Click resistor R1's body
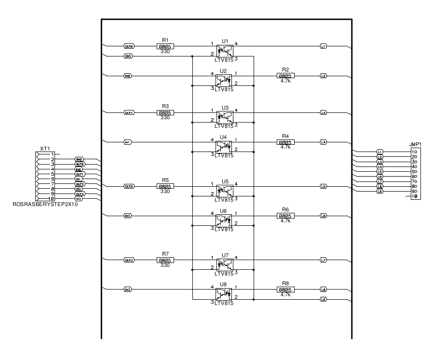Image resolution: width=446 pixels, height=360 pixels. tap(165, 46)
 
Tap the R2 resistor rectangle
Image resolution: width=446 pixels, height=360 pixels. tap(285, 76)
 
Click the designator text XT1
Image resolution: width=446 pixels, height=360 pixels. tap(45, 149)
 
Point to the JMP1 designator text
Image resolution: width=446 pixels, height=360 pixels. tap(415, 144)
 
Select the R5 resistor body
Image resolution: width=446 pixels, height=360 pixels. tap(165, 186)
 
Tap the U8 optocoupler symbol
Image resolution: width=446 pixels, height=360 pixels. tap(224, 292)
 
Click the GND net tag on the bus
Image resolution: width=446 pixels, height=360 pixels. tap(128, 56)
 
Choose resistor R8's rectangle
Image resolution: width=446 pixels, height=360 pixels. tap(285, 289)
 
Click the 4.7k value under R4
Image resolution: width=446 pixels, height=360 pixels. tap(285, 147)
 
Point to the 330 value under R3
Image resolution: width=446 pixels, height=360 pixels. tap(165, 117)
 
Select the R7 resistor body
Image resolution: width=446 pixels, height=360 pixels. tap(165, 260)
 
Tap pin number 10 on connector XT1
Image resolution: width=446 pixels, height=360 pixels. tap(51, 199)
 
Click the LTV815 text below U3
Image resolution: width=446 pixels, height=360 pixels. tap(224, 126)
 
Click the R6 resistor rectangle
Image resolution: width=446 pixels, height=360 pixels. tap(285, 216)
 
